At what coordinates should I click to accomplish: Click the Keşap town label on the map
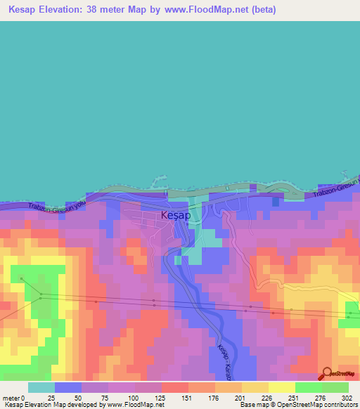tap(175, 215)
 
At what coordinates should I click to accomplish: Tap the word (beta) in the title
tap(264, 10)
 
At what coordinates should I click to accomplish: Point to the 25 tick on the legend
tap(51, 398)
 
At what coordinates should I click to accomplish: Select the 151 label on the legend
tap(186, 398)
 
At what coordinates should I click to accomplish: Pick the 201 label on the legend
tap(240, 398)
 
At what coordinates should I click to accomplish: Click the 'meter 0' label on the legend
tap(14, 398)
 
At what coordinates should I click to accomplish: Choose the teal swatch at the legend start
tap(41, 387)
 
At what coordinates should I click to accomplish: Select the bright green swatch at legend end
tap(335, 387)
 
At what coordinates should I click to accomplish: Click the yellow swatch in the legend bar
tap(281, 387)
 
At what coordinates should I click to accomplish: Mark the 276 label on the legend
tap(320, 398)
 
